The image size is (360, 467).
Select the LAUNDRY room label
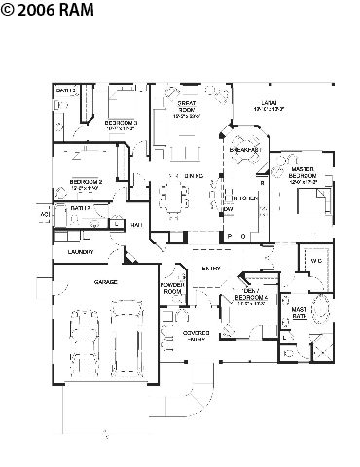pyautogui.click(x=81, y=252)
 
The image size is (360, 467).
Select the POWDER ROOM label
pyautogui.click(x=173, y=288)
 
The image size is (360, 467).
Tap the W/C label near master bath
pyautogui.click(x=314, y=262)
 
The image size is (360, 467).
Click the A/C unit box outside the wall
pyautogui.click(x=45, y=214)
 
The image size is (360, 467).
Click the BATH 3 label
pyautogui.click(x=65, y=90)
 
